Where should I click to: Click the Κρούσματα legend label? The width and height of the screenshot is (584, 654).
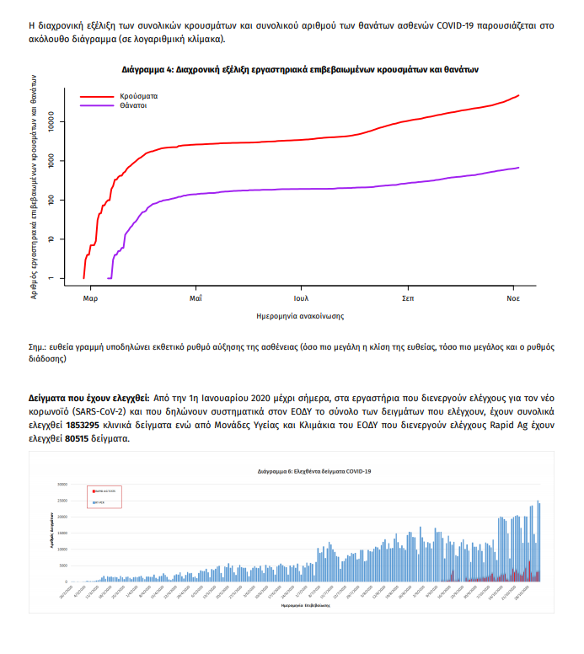pos(140,96)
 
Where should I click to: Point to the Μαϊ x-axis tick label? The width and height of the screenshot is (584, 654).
pos(196,299)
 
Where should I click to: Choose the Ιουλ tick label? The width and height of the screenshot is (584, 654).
pos(301,299)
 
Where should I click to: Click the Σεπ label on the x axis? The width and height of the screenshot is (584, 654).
pos(407,299)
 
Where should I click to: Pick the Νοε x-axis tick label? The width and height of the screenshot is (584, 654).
pos(512,299)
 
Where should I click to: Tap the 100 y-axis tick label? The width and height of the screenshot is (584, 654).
pos(51,200)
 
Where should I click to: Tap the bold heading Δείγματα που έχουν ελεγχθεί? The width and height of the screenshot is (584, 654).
pos(89,396)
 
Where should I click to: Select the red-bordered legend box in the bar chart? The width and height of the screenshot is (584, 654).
pos(104,496)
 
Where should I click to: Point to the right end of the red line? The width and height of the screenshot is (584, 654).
pos(518,95)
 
